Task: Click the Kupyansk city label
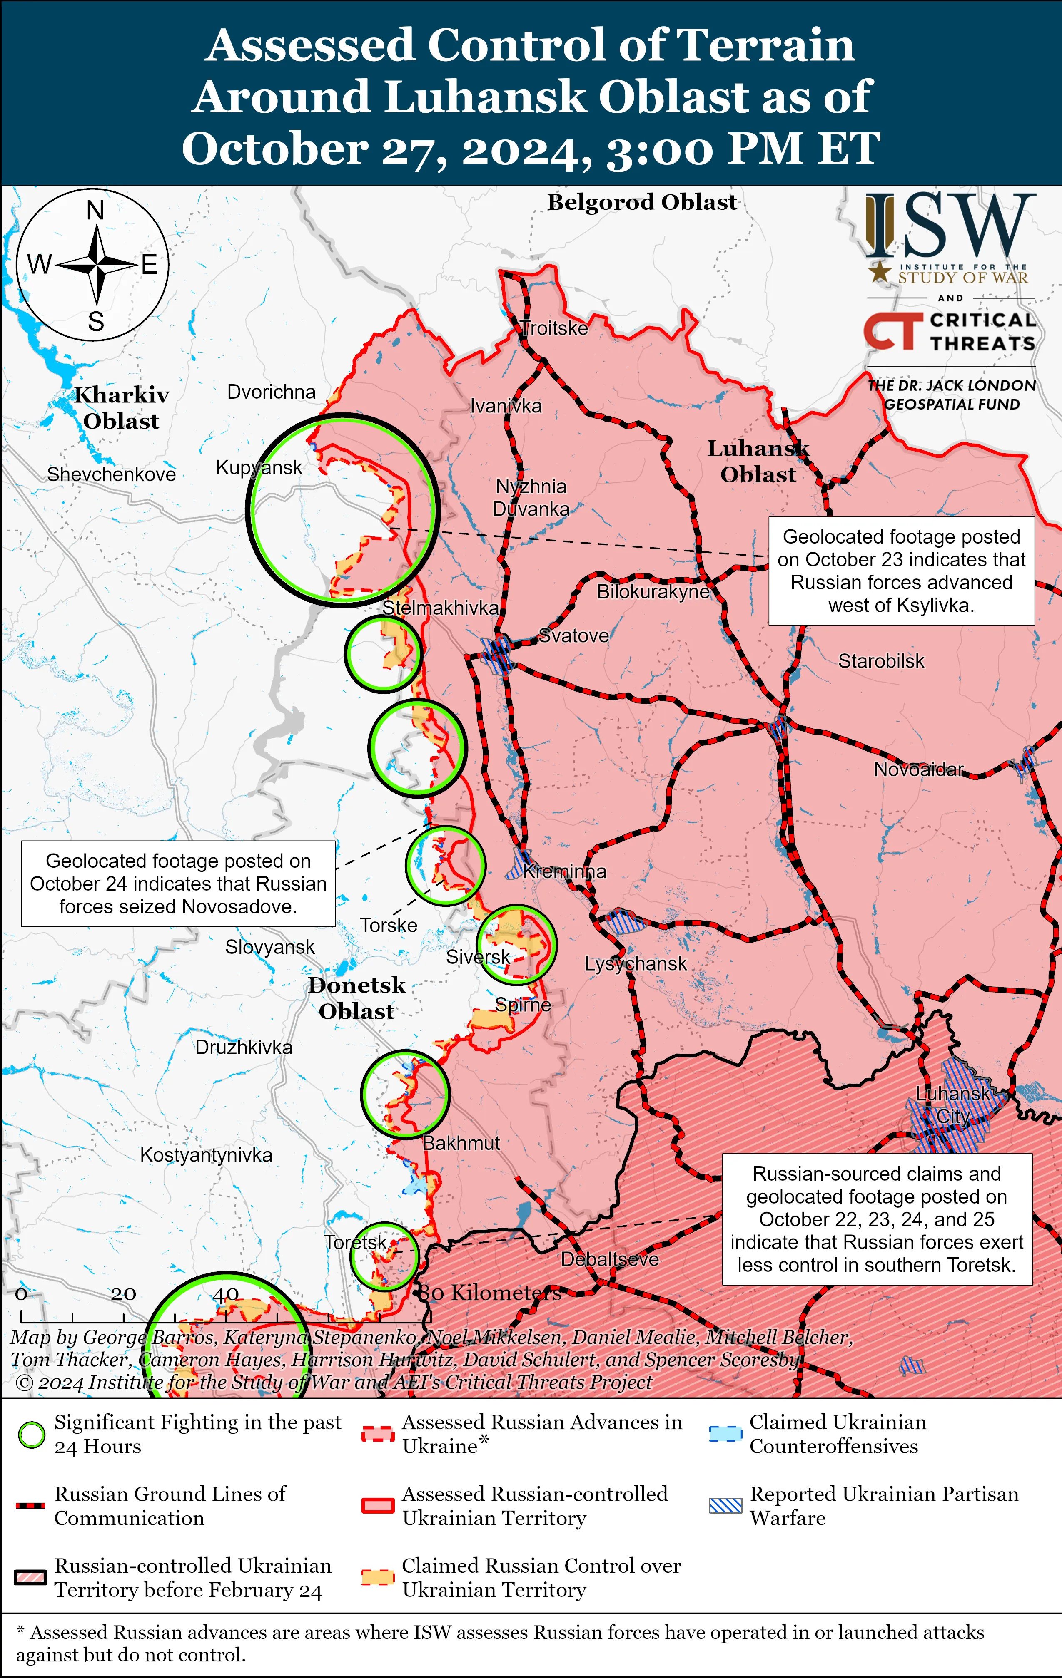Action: pyautogui.click(x=259, y=468)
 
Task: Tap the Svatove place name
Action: pyautogui.click(x=574, y=635)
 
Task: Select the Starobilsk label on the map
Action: pyautogui.click(x=881, y=660)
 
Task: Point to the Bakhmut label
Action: pyautogui.click(x=461, y=1143)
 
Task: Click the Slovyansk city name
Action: pyautogui.click(x=270, y=947)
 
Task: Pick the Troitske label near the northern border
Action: pyautogui.click(x=555, y=328)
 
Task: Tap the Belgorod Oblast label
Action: pyautogui.click(x=641, y=202)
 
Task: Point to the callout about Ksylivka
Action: pyautogui.click(x=901, y=570)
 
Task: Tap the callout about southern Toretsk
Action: pyautogui.click(x=877, y=1219)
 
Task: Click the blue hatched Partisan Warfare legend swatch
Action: pyautogui.click(x=725, y=1506)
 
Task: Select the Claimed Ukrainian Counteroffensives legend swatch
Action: pyautogui.click(x=725, y=1434)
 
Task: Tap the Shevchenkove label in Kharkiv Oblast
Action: pyautogui.click(x=112, y=474)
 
